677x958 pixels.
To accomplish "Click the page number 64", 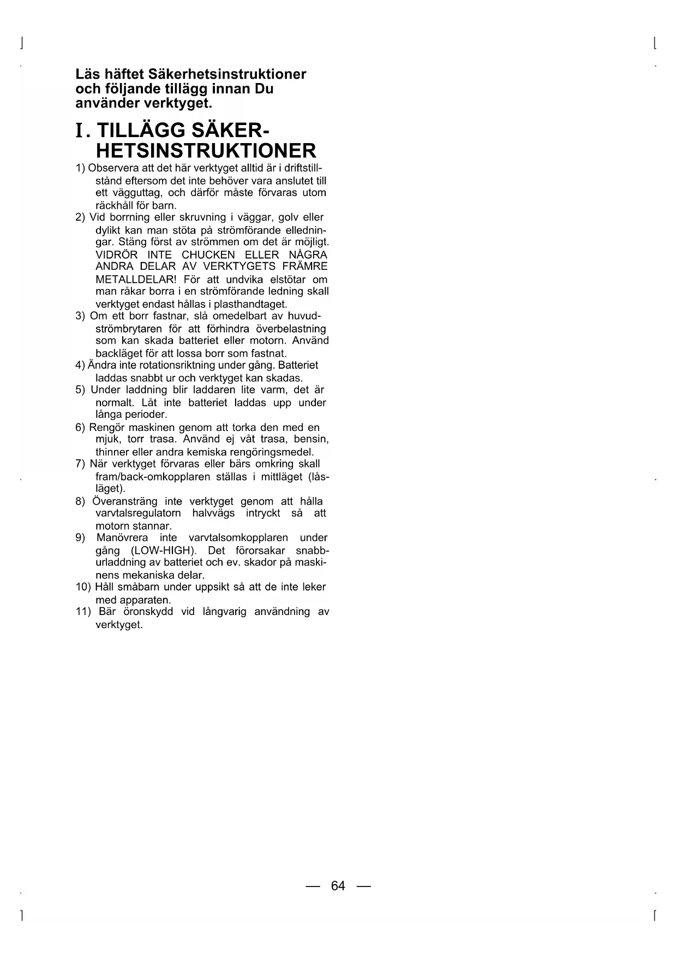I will pos(338,886).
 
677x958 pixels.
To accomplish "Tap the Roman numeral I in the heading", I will pos(80,132).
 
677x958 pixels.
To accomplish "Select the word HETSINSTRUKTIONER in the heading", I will pos(206,151).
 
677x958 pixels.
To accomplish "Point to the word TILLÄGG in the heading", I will pos(140,132).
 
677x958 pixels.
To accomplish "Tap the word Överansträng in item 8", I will pos(125,501).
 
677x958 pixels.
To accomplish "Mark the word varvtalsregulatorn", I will pos(138,513).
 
